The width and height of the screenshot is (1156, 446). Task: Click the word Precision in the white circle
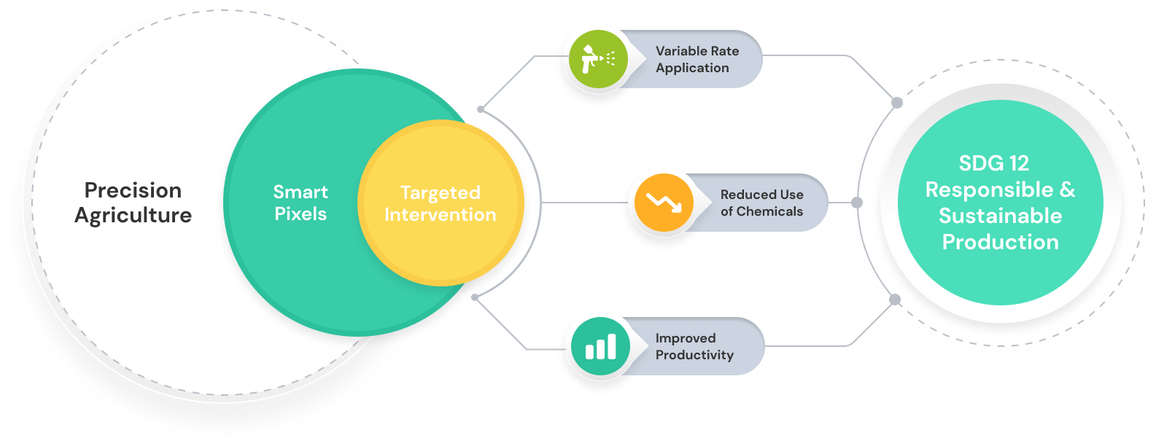[133, 190]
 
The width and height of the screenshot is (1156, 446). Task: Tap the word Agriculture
[133, 216]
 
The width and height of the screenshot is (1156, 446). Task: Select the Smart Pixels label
[300, 203]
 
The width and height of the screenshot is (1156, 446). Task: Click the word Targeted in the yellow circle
[440, 192]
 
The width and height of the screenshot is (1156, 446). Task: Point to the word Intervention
[440, 215]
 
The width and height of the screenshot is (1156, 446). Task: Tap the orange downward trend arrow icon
[663, 203]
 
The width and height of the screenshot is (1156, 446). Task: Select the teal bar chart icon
[600, 346]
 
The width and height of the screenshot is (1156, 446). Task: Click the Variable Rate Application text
[697, 59]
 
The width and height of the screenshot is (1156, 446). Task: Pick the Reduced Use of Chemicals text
[761, 203]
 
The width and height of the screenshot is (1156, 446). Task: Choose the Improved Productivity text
[694, 346]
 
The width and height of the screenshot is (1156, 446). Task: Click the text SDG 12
[993, 163]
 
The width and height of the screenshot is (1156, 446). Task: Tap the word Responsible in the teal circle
[989, 189]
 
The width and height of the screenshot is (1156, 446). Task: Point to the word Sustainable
[1000, 216]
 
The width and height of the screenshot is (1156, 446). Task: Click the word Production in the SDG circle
[1000, 242]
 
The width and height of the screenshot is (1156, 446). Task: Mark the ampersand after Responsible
[1067, 189]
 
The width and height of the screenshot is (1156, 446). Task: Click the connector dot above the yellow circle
[481, 109]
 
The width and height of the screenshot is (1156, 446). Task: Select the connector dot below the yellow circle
[475, 297]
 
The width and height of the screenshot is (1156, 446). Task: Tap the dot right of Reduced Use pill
[857, 202]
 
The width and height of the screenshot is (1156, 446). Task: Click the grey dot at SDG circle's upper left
[897, 103]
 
